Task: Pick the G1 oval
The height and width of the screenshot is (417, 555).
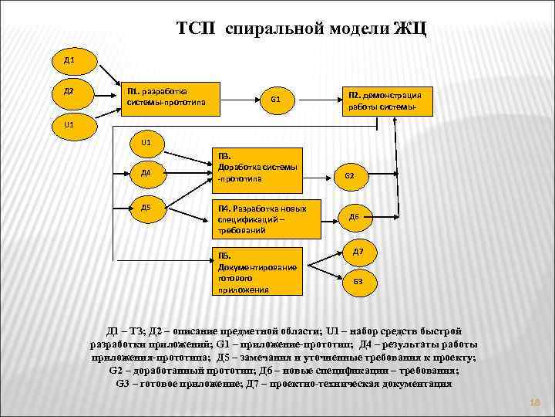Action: [276, 100]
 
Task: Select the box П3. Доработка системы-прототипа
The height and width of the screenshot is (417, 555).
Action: [267, 167]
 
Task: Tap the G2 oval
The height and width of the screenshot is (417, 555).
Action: [350, 176]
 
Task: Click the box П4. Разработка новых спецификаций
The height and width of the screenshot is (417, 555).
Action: [267, 219]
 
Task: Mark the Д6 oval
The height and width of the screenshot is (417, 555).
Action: [353, 217]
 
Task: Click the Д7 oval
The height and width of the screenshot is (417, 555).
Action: [358, 252]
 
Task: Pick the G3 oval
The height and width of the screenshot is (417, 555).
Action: [358, 282]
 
